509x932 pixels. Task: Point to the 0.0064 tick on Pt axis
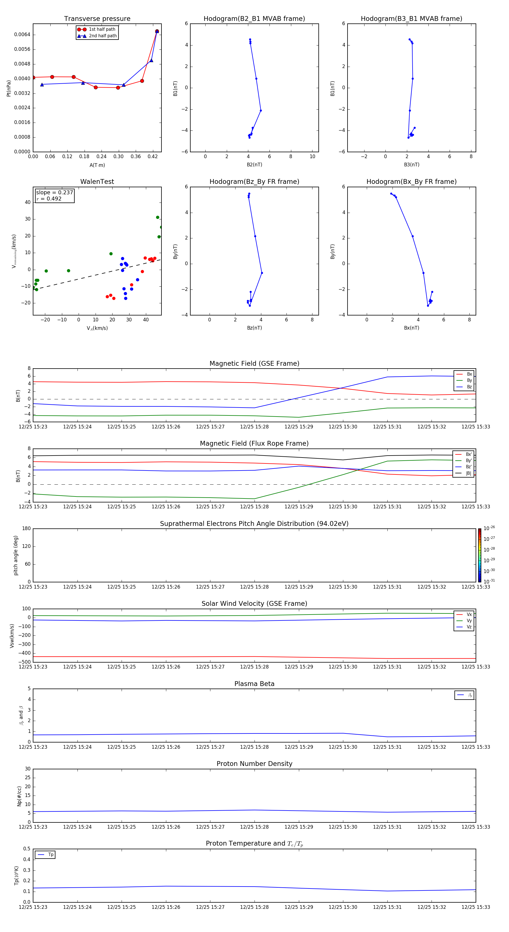tap(22, 35)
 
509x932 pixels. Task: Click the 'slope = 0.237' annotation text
tap(54, 193)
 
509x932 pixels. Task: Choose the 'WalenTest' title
tap(97, 182)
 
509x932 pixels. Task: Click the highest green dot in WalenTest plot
tap(158, 217)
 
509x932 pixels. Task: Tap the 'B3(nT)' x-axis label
tap(411, 165)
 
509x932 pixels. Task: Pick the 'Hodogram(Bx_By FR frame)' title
tap(411, 182)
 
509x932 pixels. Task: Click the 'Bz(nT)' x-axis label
tap(254, 328)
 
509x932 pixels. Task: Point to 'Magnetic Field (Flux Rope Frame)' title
tap(254, 444)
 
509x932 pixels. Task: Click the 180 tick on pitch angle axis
tap(27, 529)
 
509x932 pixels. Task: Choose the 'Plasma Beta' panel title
tap(254, 684)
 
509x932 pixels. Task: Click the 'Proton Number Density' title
tap(254, 764)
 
